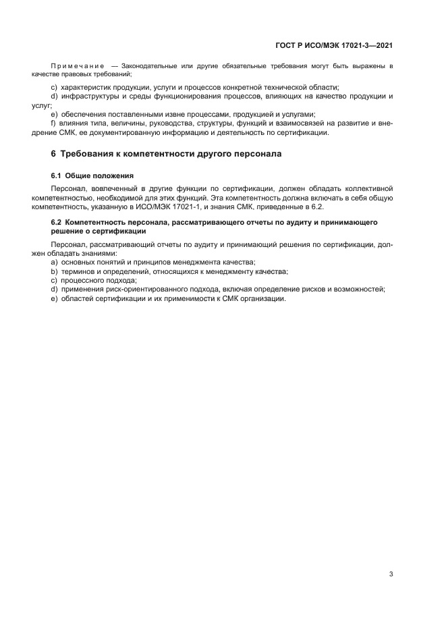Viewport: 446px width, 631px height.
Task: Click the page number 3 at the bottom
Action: click(391, 574)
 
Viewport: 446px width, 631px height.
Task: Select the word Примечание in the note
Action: click(78, 66)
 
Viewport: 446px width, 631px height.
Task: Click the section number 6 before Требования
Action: click(54, 155)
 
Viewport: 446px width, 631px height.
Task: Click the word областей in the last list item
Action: click(78, 299)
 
